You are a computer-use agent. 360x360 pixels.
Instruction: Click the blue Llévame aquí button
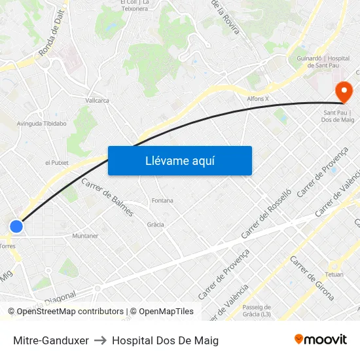pos(179,160)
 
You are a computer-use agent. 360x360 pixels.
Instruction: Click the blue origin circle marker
pos(16,226)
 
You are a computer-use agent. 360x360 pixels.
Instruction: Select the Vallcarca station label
pos(98,101)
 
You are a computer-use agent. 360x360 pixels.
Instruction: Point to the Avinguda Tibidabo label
pos(42,123)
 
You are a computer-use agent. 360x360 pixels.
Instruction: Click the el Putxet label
pos(56,162)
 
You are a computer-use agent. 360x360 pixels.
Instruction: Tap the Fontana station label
pos(162,200)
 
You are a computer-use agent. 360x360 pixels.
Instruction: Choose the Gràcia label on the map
pos(155,225)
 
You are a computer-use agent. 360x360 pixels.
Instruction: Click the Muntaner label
pos(85,236)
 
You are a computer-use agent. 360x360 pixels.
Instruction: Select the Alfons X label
pos(258,99)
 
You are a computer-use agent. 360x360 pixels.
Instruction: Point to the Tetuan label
pos(334,274)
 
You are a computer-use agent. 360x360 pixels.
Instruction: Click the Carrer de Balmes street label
pos(107,197)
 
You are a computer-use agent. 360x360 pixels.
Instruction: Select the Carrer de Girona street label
pos(307,273)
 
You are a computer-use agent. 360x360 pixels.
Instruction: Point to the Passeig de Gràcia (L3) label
pos(257,311)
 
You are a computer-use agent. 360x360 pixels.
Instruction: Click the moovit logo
pos(321,340)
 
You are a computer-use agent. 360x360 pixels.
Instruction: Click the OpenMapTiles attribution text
pos(162,312)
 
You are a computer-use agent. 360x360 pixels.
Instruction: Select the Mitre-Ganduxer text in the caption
pos(51,340)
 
